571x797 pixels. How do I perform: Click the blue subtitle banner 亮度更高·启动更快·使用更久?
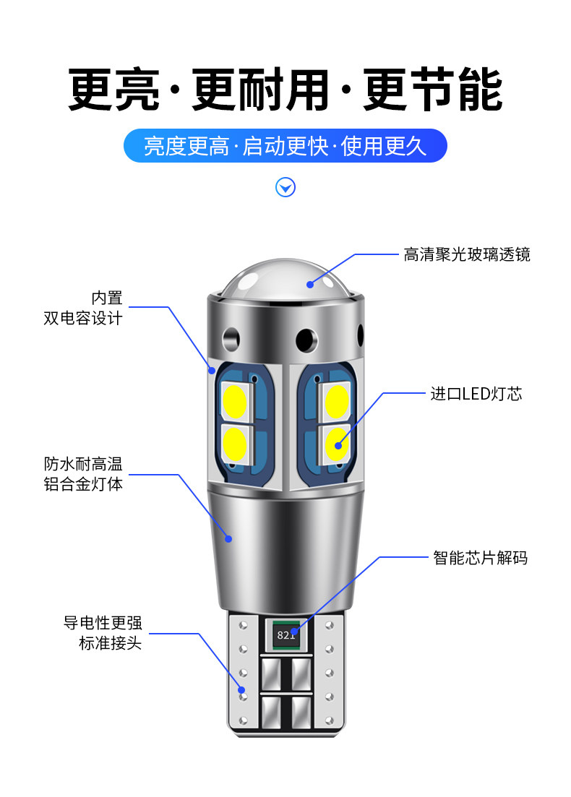pos(285,145)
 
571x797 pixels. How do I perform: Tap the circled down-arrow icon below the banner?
pos(286,188)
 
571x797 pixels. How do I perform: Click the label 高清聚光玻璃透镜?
pos(467,254)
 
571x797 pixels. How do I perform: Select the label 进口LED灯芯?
pos(476,394)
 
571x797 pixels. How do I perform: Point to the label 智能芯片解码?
pos(480,558)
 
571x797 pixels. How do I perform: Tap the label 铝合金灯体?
pos(83,483)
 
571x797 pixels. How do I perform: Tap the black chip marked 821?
pos(285,635)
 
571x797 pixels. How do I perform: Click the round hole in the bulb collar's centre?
pos(305,337)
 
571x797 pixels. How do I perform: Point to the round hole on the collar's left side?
pos(232,336)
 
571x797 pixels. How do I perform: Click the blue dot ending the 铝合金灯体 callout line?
pos(228,538)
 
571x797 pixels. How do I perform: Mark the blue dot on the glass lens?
pos(310,283)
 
